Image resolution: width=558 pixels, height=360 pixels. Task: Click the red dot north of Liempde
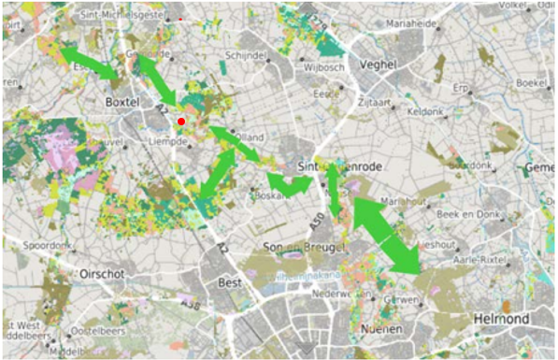click(x=181, y=122)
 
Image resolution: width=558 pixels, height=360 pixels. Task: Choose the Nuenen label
click(x=381, y=331)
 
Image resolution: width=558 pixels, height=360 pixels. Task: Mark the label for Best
click(x=229, y=281)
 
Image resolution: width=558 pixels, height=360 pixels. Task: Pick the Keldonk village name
click(x=425, y=110)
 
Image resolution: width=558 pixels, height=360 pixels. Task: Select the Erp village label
click(x=459, y=87)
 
